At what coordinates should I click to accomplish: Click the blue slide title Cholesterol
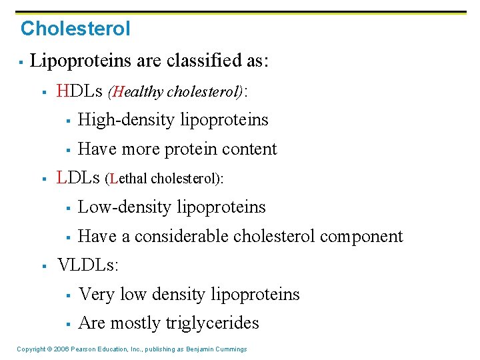(x=75, y=29)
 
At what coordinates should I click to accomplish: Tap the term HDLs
(x=80, y=91)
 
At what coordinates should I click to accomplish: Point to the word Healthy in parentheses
(x=137, y=92)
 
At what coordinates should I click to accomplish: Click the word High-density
(x=123, y=120)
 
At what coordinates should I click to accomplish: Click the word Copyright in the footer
(x=31, y=349)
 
